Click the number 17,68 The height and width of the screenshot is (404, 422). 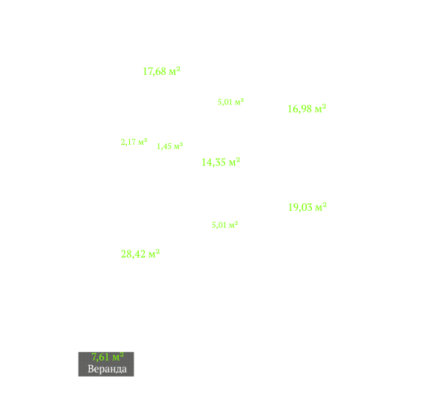154,72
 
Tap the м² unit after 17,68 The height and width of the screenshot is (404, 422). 175,71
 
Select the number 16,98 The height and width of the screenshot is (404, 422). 300,109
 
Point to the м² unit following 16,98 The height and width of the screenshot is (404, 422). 320,108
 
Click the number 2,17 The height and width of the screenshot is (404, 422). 128,143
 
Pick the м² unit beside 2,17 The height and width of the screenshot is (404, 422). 142,141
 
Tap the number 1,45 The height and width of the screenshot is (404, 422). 164,146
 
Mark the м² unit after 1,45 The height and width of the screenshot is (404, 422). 178,145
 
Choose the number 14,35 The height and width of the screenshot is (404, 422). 214,162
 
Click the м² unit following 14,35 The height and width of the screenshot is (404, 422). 234,162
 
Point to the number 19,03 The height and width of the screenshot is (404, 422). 300,208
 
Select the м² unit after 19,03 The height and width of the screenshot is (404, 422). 321,207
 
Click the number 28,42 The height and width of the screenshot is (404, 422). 134,254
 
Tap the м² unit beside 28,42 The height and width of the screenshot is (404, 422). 154,253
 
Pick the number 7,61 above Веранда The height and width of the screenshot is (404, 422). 101,358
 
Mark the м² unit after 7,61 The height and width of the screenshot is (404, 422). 118,356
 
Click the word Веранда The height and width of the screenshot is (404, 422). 107,369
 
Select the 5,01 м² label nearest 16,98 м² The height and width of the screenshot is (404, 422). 230,102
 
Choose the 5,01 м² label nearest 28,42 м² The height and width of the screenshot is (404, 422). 225,225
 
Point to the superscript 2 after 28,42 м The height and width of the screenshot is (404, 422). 158,251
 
